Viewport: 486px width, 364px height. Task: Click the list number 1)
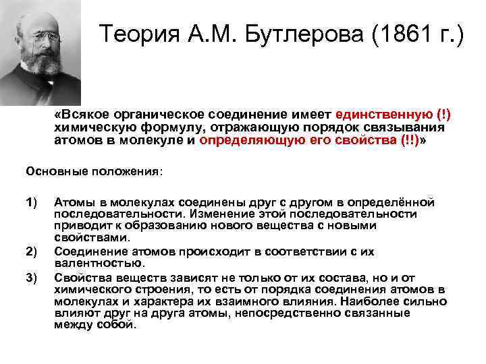coord(32,202)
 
